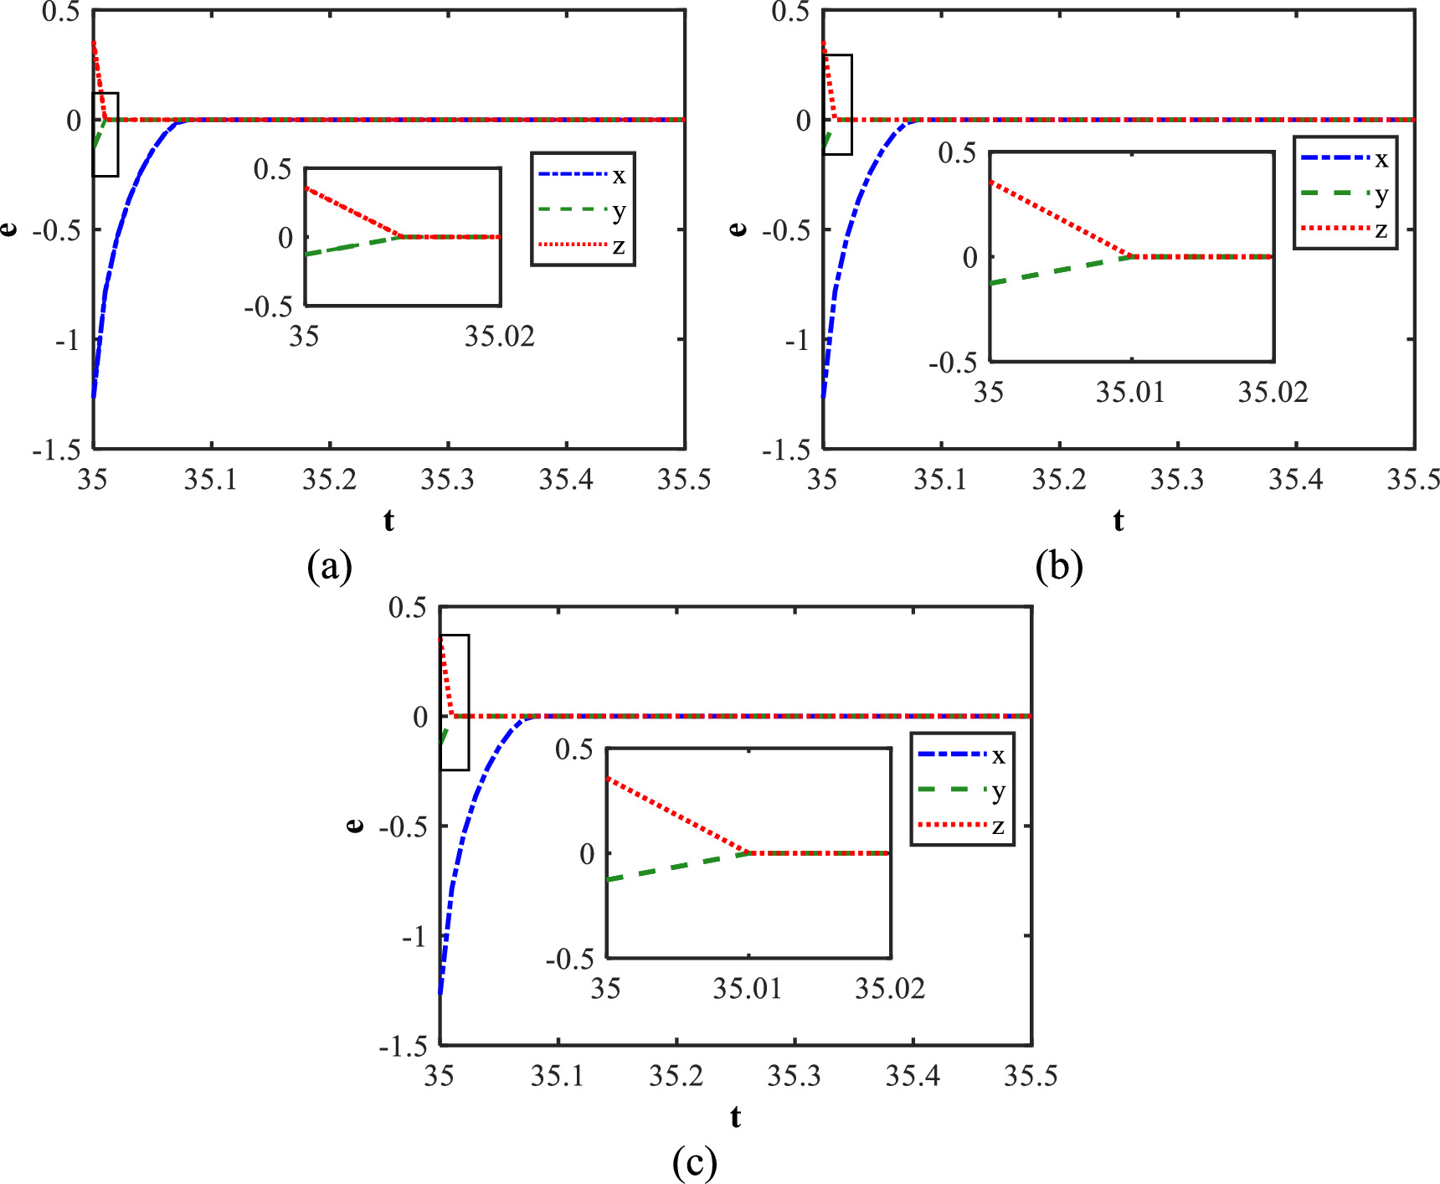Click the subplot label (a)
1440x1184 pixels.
coord(329,567)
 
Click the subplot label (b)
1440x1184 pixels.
coord(1059,567)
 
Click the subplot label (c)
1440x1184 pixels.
coord(694,1163)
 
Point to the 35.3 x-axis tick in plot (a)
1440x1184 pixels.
coord(448,480)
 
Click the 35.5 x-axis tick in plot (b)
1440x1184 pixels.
coord(1412,480)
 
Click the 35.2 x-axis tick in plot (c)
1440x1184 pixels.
coord(676,1076)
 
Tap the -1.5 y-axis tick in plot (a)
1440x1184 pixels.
coord(57,450)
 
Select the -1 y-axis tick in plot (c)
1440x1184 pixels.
coord(414,936)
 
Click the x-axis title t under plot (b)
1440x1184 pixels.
coord(1119,521)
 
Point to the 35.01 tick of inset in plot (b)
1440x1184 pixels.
coord(1130,392)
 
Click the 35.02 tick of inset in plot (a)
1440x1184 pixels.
coord(499,337)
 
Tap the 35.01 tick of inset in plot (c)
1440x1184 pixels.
coord(747,989)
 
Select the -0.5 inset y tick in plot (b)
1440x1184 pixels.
coord(953,363)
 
